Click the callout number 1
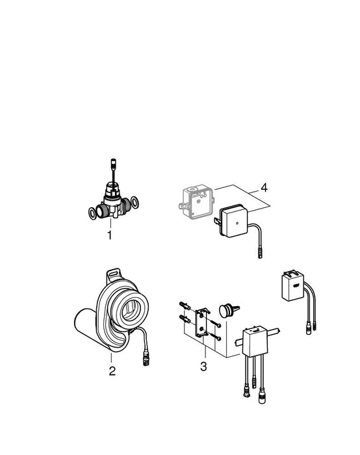pos(109,235)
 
